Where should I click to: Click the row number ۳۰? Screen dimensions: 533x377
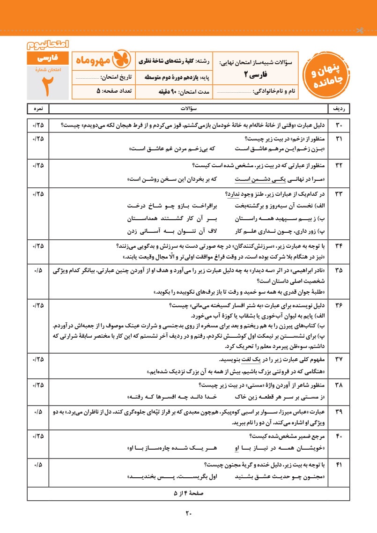(339, 126)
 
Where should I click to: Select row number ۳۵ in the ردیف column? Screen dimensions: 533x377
(339, 271)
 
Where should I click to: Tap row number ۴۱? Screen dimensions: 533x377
(339, 465)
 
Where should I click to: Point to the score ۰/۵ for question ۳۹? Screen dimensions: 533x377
(38, 411)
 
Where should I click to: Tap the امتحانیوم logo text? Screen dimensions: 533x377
(48, 45)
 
